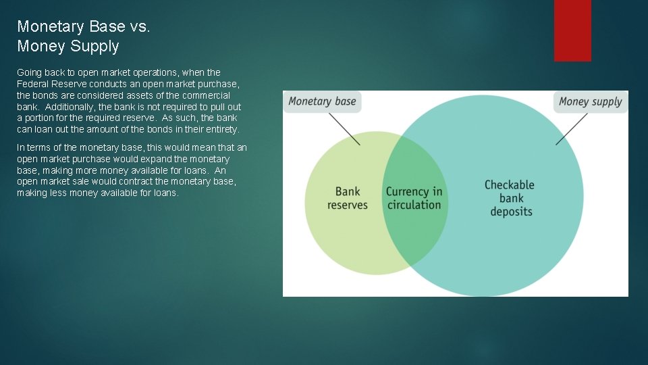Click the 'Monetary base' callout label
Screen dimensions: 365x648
point(322,101)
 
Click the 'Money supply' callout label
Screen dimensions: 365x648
point(591,101)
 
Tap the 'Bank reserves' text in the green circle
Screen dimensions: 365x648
point(348,198)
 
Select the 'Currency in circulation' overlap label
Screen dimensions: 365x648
point(414,198)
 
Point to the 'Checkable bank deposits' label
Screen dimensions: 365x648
point(510,198)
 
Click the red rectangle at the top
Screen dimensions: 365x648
point(572,30)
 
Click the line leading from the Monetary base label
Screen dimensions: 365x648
point(344,128)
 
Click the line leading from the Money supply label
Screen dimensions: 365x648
point(571,128)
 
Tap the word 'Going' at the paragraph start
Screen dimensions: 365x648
point(29,72)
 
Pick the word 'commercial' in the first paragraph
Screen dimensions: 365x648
point(209,95)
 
